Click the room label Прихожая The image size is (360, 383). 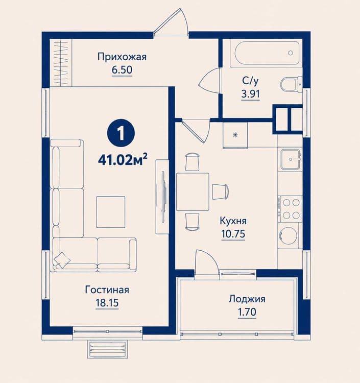click(x=122, y=57)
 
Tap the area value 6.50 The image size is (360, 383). click(x=122, y=70)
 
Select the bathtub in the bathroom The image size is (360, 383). click(x=267, y=53)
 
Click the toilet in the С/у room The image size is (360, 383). click(x=291, y=85)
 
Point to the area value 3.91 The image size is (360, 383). click(x=251, y=94)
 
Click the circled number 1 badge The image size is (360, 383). click(x=121, y=133)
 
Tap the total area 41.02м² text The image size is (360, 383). click(x=123, y=159)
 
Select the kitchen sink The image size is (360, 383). click(x=291, y=159)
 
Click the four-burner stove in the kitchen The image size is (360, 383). click(x=291, y=209)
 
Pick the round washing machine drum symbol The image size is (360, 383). click(x=289, y=236)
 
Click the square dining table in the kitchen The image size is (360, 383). click(x=193, y=192)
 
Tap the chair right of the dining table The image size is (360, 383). click(x=220, y=192)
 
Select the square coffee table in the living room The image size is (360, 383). click(x=111, y=212)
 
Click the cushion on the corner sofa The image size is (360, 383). click(x=62, y=259)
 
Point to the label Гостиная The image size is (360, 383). click(x=107, y=290)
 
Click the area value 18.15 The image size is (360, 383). click(x=107, y=303)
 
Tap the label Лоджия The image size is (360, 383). click(x=247, y=299)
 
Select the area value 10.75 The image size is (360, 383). click(x=233, y=234)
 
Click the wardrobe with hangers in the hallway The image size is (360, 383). click(x=61, y=62)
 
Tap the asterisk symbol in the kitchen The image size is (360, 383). click(x=235, y=135)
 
